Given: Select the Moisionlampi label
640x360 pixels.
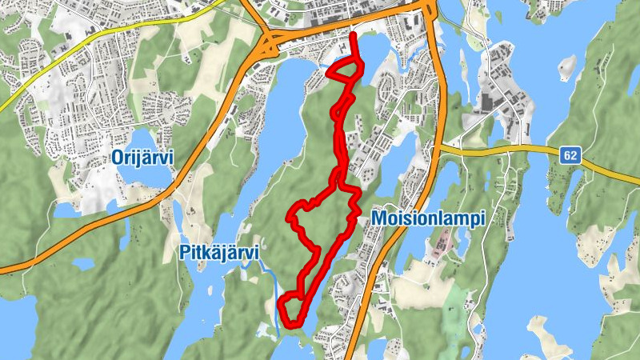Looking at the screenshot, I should [x=428, y=219].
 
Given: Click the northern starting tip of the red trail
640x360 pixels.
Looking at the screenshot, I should [x=353, y=34].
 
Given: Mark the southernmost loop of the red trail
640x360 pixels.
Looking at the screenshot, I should [x=291, y=310].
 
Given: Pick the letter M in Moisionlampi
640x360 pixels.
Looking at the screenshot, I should [x=378, y=219].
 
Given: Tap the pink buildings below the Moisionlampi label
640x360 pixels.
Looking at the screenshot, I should [x=438, y=249].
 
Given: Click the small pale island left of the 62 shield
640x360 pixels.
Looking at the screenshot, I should [x=566, y=63].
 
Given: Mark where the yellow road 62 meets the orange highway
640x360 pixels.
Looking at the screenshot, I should [x=439, y=148].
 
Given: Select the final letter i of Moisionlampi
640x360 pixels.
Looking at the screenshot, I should [x=483, y=219].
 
